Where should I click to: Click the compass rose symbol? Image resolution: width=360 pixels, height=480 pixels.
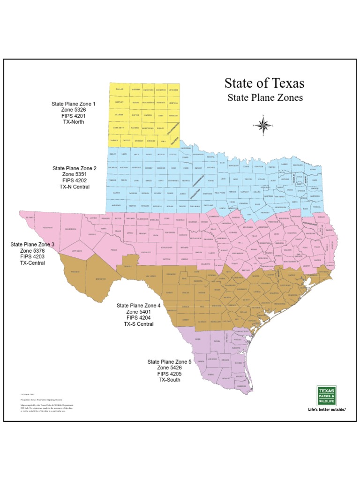pos(263,125)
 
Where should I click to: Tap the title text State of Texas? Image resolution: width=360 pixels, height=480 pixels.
pos(264,83)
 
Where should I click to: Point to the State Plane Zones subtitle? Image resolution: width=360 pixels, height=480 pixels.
pos(265,97)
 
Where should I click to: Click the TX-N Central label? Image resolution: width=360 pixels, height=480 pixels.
pos(75,186)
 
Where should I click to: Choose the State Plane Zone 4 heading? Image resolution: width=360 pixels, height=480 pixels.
pos(139,305)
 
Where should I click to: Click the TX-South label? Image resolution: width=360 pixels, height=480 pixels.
pos(169,380)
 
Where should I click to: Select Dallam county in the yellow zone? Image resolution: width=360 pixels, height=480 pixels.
pos(119,89)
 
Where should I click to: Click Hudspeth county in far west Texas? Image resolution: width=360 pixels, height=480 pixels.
pos(48,228)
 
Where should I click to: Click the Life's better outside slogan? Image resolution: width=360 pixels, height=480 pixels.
pos(326,409)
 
